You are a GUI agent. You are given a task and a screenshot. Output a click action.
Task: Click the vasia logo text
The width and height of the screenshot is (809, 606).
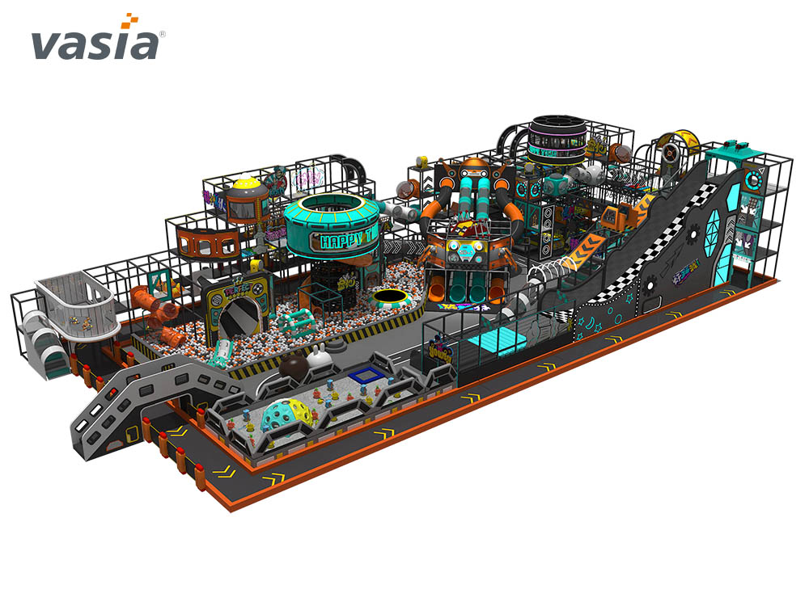tap(95, 44)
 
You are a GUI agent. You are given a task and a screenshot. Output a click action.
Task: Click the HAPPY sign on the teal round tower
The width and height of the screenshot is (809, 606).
tap(345, 240)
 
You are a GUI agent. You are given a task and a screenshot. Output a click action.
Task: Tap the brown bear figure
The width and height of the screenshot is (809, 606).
tap(293, 368)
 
